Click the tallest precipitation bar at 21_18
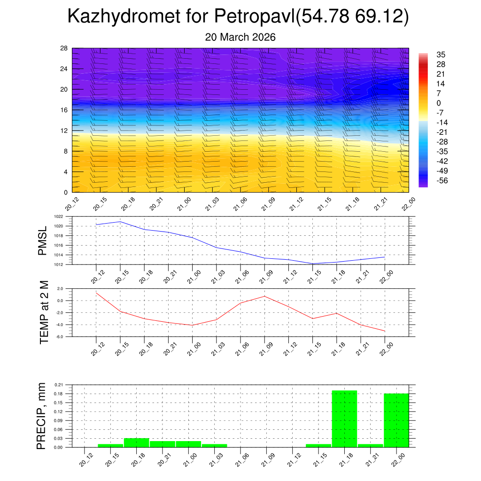click(x=344, y=419)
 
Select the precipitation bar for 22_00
click(x=396, y=420)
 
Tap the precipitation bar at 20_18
click(x=136, y=442)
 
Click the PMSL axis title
click(x=43, y=240)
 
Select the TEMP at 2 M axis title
click(x=44, y=312)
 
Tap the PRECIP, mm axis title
click(x=42, y=416)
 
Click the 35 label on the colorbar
click(x=441, y=54)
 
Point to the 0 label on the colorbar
click(x=439, y=103)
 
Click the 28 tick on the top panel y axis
click(x=64, y=48)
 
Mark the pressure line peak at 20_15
click(x=120, y=221)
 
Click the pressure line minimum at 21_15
click(x=312, y=264)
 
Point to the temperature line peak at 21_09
click(x=264, y=296)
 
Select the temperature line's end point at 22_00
click(x=385, y=331)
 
